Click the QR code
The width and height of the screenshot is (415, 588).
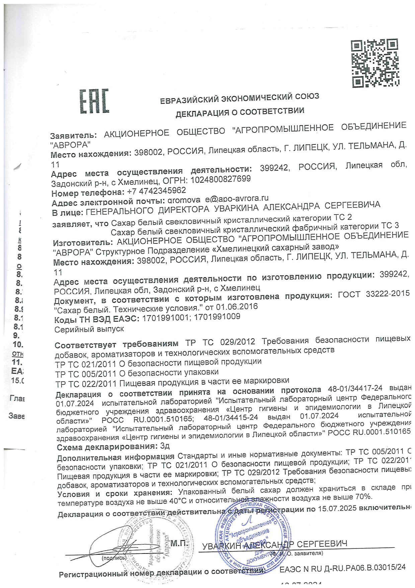pos(375,63)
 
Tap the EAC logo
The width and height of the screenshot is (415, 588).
pos(94,101)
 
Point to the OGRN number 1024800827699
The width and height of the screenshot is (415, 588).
pos(221,179)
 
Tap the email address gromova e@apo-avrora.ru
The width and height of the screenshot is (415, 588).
pos(218,199)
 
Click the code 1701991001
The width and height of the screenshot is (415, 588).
pos(165,318)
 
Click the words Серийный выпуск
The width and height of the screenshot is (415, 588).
pos(89,329)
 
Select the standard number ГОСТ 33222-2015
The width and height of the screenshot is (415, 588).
pos(374,294)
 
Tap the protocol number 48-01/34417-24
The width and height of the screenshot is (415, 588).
pos(355,389)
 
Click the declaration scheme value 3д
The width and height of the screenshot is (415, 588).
pos(165,446)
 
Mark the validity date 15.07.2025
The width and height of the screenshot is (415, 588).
pos(337,509)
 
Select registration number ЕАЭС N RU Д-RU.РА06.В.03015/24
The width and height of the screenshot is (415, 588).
pos(342,568)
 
